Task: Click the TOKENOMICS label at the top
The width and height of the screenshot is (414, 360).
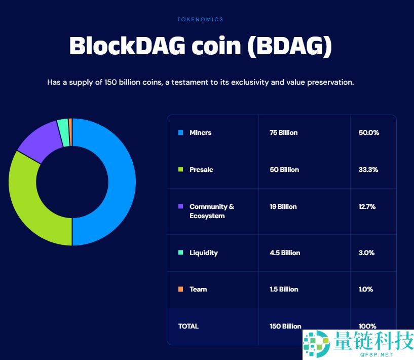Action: click(200, 19)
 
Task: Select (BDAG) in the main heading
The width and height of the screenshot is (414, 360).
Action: click(289, 46)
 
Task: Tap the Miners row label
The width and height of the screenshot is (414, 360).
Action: click(200, 133)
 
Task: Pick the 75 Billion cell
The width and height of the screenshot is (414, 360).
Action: click(283, 133)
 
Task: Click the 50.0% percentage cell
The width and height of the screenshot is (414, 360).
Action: click(368, 133)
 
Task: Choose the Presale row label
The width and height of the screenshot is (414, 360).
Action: click(201, 170)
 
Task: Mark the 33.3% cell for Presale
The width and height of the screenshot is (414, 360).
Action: click(368, 170)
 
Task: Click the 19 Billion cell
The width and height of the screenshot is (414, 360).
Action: click(283, 207)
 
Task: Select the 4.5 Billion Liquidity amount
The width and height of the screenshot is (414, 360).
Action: click(285, 253)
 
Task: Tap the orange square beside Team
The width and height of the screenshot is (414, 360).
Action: click(180, 290)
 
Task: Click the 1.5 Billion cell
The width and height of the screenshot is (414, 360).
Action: click(284, 290)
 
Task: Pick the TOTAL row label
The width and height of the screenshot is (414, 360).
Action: click(189, 327)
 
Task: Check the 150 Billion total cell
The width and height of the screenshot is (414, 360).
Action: click(285, 327)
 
